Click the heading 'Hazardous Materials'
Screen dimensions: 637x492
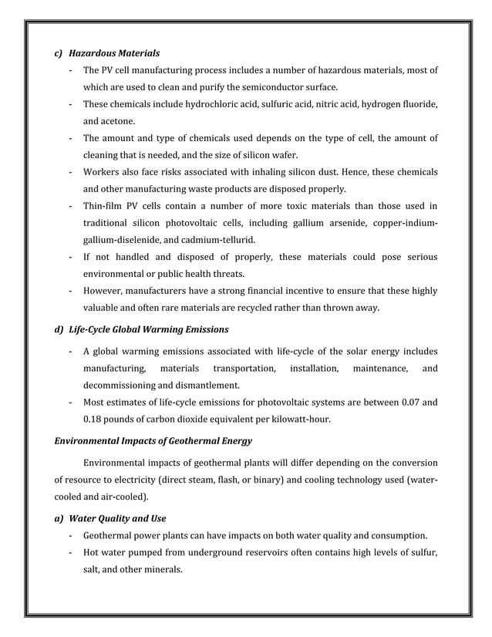[x=114, y=54]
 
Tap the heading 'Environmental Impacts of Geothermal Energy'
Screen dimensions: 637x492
[x=152, y=441]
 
